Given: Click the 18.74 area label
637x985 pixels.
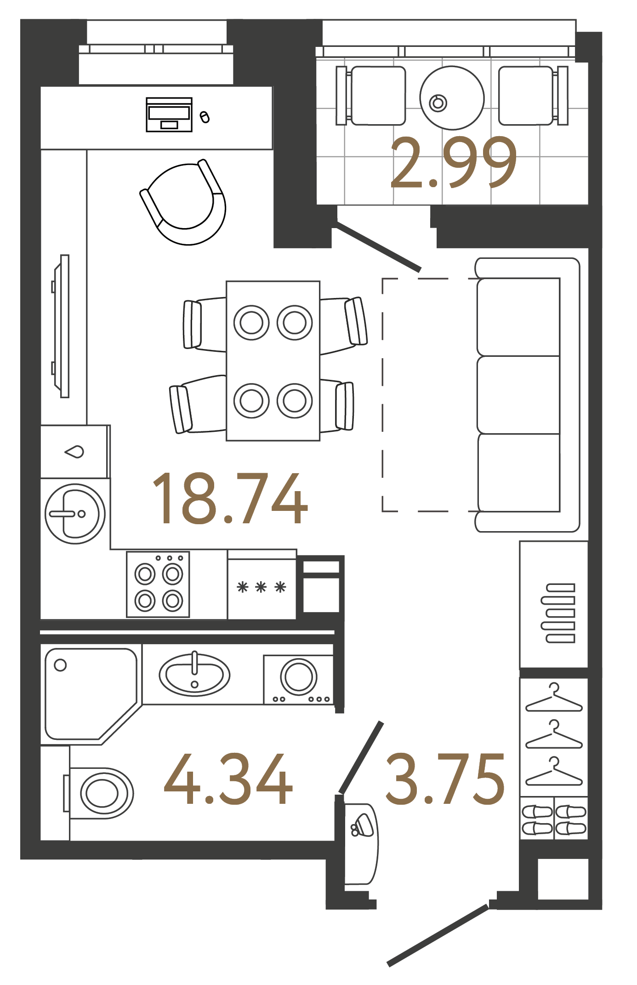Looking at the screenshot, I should pos(229,499).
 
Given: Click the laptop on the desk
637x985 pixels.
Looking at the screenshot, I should pos(169,115).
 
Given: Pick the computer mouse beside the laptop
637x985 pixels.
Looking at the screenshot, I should pos(205,117).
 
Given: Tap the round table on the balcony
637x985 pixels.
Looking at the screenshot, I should pos(452,98).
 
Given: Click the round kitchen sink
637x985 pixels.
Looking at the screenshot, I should pos(75,514).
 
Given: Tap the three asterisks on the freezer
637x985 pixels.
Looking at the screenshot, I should pos(261,587).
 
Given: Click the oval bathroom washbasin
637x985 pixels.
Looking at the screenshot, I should pos(194,675).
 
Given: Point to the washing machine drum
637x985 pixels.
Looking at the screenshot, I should pos(299,676).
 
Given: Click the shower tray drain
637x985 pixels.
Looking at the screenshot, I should pos(60,665).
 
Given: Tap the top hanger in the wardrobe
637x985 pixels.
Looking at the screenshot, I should pos(554,699).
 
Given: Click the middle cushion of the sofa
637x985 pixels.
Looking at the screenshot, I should pos(518,395).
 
